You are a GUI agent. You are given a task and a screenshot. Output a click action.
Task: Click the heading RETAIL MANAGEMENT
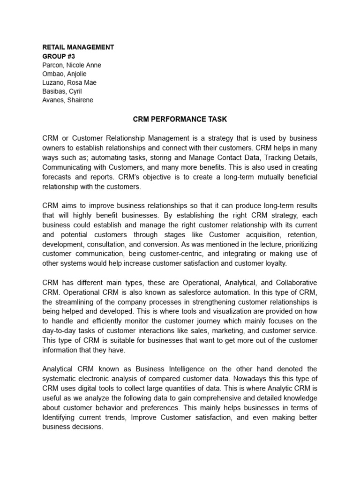78,47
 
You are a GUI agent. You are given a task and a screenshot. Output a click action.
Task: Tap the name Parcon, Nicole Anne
71,65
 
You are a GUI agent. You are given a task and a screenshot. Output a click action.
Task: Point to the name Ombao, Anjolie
64,74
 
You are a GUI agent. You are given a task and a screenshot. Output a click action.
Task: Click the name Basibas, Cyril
62,91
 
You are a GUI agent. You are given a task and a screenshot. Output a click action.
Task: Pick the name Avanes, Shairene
67,100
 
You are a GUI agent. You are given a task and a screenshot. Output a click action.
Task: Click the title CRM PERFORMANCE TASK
180,120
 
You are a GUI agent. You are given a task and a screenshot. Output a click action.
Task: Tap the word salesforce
180,293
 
